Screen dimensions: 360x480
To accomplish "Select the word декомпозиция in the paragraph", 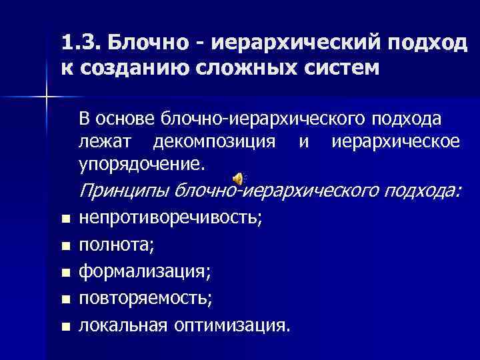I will (x=213, y=141).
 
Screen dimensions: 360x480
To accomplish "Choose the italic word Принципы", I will (x=123, y=192).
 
